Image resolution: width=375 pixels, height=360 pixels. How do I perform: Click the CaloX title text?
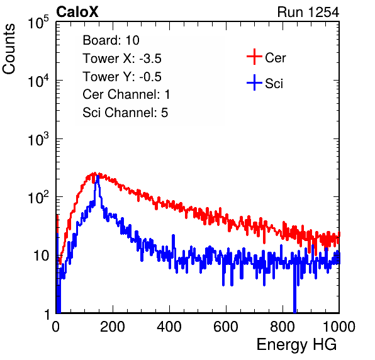coord(77,12)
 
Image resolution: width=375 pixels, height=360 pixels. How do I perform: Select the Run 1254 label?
coord(308,12)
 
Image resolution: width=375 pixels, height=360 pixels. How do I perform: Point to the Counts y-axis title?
coord(9,49)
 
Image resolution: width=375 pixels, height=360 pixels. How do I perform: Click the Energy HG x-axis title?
coord(296,345)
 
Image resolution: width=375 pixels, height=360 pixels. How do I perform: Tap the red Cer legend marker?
coord(254,57)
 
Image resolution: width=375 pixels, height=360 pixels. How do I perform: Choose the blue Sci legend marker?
coord(254,82)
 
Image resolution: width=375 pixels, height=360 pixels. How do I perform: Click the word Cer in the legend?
coord(275,58)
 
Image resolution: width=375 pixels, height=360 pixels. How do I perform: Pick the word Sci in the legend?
coord(274,84)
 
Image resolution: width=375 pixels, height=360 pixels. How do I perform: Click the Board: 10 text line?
coord(111,40)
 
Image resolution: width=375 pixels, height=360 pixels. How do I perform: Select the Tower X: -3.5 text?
coord(122,59)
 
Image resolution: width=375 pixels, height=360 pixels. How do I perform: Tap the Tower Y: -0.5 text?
coord(122,77)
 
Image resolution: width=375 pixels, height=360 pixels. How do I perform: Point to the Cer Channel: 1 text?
coord(126,94)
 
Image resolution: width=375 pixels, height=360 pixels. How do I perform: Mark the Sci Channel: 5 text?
coord(125,113)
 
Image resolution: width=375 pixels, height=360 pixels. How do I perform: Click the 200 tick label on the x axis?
coord(113,327)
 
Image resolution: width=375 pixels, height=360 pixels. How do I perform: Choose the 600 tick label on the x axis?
coord(226,327)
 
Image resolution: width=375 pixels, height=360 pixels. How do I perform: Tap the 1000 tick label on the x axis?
coord(339,327)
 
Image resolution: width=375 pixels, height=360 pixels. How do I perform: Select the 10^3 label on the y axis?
coord(38,139)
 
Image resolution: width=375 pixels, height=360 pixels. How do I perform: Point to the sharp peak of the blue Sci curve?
coord(98,176)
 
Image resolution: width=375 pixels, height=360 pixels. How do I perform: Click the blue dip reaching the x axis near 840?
coord(294,299)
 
